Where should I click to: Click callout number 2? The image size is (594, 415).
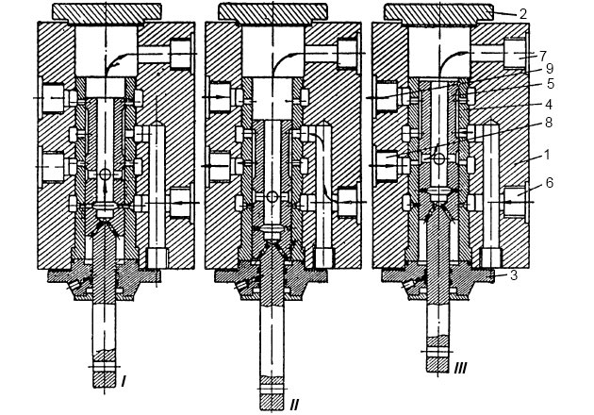coord(523,14)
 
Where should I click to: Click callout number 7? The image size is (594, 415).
coord(542,56)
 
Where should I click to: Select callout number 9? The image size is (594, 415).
coord(550,69)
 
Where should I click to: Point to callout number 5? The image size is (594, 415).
coord(551,84)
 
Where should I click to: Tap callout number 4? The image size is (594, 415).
coord(549,105)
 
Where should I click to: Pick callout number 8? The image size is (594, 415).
coord(549,123)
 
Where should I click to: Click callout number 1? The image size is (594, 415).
coord(546,155)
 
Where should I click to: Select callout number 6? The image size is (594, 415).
coord(550,183)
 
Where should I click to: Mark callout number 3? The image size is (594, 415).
coord(514,275)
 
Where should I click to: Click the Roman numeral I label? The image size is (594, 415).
coord(124,381)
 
